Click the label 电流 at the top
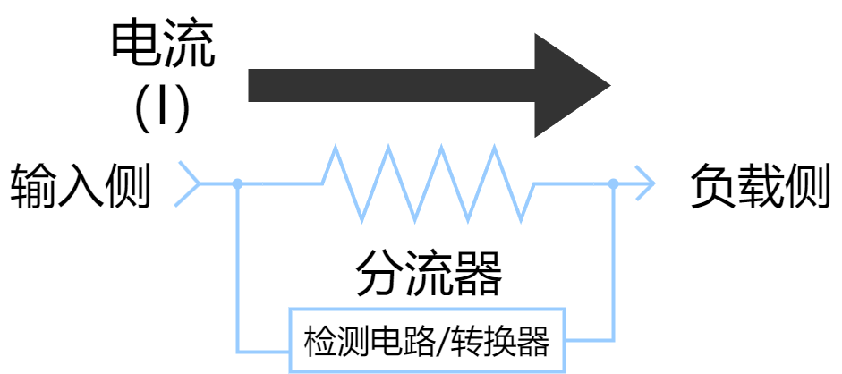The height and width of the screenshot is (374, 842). pos(162,47)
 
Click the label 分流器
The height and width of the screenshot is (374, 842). pos(428,272)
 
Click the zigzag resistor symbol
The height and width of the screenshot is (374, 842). pos(428,184)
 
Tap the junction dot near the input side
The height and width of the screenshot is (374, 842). pos(237,184)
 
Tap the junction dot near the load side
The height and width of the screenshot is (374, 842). pos(613,184)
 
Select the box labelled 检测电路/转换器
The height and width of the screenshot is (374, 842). pos(427,341)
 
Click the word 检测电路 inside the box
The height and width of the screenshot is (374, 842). pos(361,341)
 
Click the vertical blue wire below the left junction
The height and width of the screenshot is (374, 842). pos(238,268)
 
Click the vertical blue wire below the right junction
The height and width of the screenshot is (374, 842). pos(613,268)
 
